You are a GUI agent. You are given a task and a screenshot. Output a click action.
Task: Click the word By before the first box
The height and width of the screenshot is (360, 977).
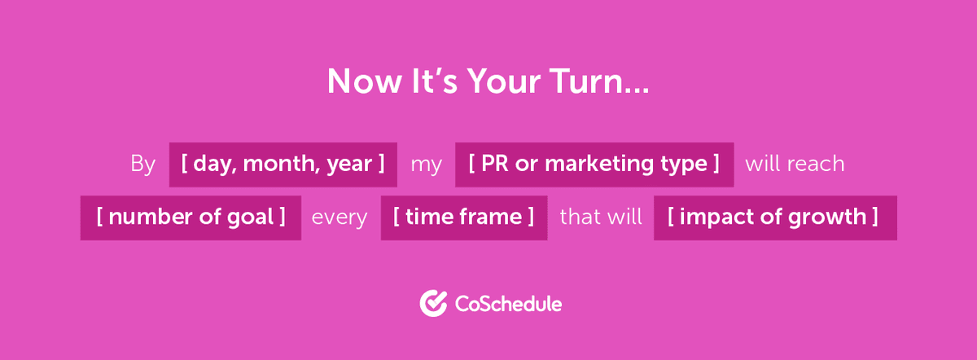[x=142, y=165]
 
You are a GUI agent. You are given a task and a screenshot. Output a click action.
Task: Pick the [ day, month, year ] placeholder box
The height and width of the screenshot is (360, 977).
[x=283, y=165]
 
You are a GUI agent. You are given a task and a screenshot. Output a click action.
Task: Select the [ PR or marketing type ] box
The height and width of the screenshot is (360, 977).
[x=594, y=165]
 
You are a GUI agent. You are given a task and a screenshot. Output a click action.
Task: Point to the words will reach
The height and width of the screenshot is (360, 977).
[x=795, y=165]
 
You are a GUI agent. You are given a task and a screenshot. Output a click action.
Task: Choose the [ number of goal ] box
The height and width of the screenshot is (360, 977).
[x=191, y=217]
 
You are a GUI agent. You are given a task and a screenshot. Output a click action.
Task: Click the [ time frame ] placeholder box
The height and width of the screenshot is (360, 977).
[x=463, y=217]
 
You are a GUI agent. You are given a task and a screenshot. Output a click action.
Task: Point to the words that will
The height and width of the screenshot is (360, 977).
[x=600, y=217]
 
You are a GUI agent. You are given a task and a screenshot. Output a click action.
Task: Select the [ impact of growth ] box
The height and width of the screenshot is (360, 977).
[x=774, y=217]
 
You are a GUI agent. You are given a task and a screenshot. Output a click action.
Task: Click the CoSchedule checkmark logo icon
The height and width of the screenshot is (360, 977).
[x=433, y=304]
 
